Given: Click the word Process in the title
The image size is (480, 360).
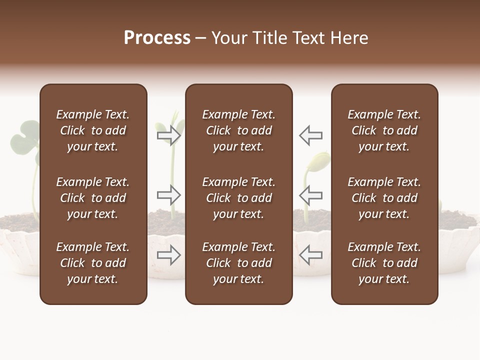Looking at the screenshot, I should point(157,38).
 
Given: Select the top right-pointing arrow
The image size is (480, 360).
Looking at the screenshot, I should point(169,135).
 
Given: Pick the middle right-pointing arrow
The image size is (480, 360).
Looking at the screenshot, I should point(169,194).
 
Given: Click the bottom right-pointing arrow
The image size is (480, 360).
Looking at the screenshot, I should point(169,255).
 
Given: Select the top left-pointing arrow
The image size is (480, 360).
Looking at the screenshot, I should point(310,135).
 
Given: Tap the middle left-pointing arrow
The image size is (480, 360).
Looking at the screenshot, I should point(310,194).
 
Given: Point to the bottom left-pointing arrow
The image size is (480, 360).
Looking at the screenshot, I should point(310,255).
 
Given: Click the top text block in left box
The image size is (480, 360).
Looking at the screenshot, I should point(93,130).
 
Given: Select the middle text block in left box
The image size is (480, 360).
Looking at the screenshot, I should point(93,198).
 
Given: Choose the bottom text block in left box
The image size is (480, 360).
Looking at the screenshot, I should point(93,263).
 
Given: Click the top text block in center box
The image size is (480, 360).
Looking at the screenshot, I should point(239,130).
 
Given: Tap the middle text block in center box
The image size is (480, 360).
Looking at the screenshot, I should point(239,198).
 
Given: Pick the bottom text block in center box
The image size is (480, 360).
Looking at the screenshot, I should point(239,263).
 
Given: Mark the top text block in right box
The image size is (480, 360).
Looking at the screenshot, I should point(384,130).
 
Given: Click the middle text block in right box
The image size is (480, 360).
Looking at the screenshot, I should point(384,198).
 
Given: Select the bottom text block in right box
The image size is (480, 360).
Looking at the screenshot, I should point(384,263).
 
